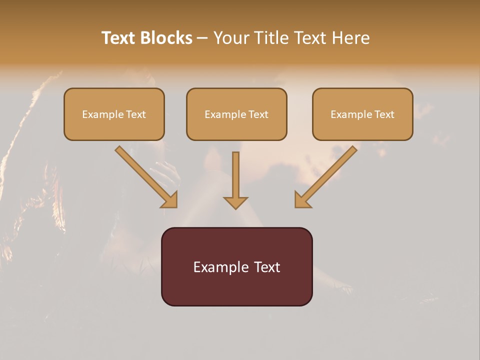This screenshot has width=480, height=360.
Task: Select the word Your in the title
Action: click(232, 38)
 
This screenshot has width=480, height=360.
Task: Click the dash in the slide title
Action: click(202, 38)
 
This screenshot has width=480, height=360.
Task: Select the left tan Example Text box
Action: click(114, 114)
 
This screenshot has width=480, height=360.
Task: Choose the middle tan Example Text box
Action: click(236, 114)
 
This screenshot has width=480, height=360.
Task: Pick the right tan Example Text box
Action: click(362, 114)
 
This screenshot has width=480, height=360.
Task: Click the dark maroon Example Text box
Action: click(236, 266)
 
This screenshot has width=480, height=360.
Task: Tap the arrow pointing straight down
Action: click(235, 177)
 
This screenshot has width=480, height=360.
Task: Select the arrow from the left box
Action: click(145, 175)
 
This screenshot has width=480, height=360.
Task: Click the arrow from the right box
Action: click(327, 175)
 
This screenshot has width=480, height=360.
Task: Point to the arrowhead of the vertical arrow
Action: click(235, 202)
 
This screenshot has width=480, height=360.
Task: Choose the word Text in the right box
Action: click(384, 114)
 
